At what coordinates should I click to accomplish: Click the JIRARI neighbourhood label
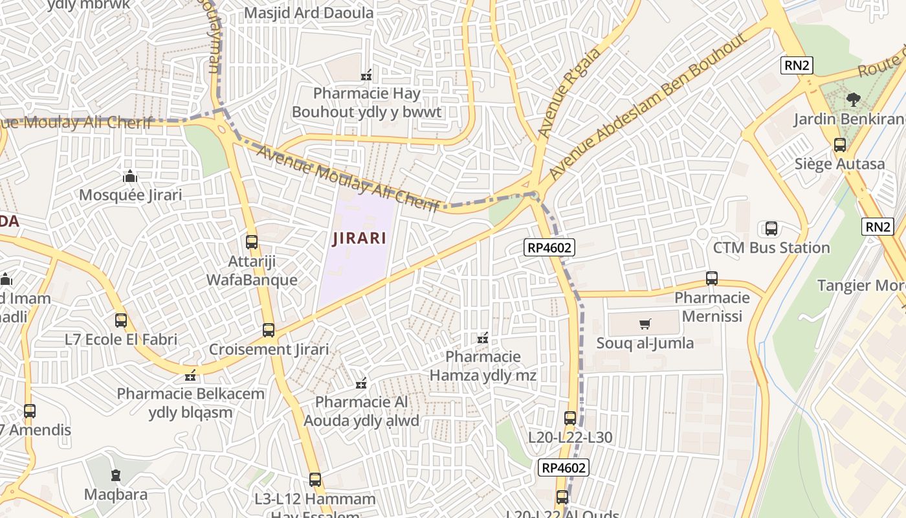359,238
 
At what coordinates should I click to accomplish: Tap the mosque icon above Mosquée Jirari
130,176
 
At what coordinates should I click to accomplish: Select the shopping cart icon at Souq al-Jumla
645,324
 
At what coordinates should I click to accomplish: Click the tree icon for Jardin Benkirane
853,100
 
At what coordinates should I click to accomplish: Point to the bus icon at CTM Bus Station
771,228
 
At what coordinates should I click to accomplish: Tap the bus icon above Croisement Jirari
269,330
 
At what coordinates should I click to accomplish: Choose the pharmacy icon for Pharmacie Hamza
483,337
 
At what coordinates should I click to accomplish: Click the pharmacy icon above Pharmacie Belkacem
190,375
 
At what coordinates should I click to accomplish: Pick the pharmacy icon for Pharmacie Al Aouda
361,383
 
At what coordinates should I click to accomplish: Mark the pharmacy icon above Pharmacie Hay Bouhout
366,75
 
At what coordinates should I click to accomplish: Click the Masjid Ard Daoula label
309,13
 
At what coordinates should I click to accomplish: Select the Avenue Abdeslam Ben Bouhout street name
647,107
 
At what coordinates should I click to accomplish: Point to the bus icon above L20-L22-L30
570,418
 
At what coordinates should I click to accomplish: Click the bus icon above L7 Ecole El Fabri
121,320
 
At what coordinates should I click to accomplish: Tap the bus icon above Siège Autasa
840,144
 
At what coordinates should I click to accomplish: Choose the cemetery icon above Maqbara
116,475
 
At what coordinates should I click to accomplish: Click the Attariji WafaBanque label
252,270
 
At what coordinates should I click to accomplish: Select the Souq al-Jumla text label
645,343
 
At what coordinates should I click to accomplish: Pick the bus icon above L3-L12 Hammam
315,480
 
